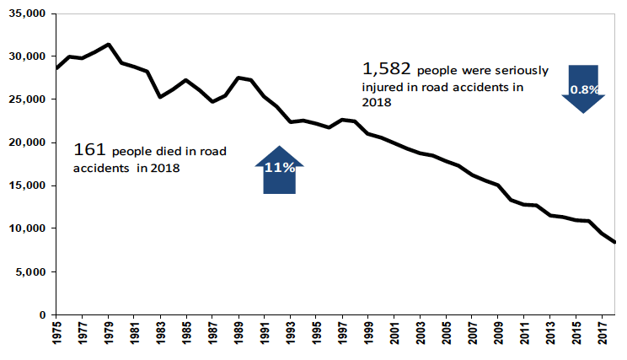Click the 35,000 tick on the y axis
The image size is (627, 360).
pos(28,14)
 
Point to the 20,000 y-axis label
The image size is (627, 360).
pos(28,143)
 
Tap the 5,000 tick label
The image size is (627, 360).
pos(31,272)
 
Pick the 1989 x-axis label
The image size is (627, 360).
pos(239,337)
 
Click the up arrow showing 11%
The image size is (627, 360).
pos(280,166)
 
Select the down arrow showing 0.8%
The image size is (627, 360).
pos(584,89)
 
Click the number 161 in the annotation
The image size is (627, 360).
pos(89,150)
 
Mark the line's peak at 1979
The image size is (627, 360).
pos(109,44)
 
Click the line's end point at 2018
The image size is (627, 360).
pos(616,243)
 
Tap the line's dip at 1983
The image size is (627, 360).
pos(160,97)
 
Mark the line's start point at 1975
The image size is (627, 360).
pos(56,68)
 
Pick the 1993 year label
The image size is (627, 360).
pos(292,337)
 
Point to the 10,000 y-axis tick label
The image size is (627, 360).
pos(28,229)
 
